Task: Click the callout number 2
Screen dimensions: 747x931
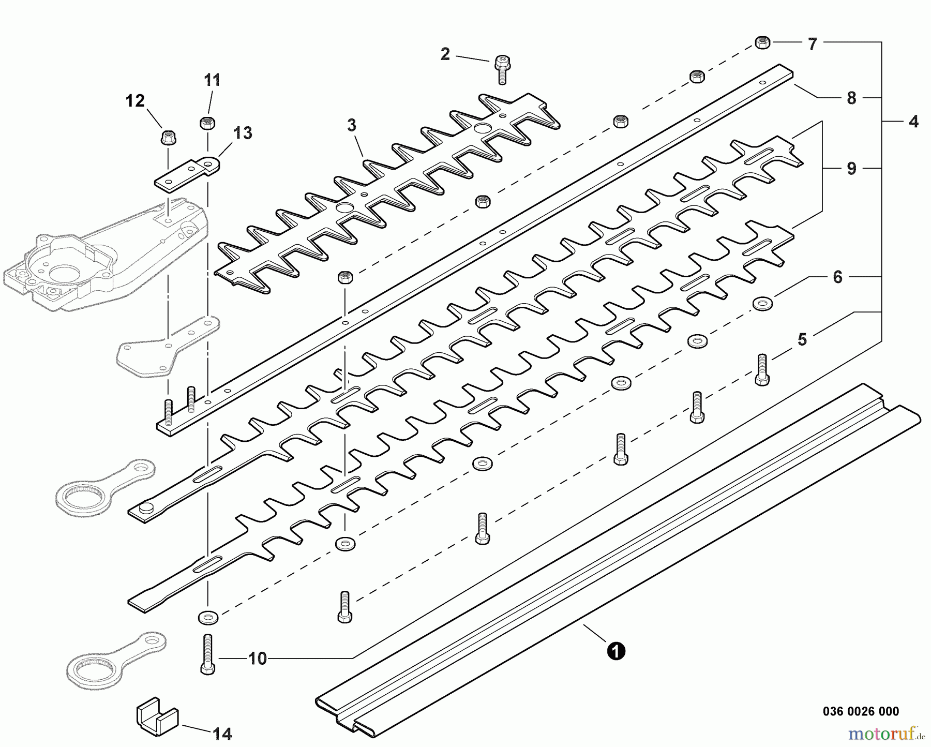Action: (445, 54)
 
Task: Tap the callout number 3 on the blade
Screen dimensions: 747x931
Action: (352, 125)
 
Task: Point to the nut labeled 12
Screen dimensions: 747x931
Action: (168, 138)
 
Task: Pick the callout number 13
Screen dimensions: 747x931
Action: (243, 133)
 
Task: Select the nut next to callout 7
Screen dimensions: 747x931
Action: (762, 42)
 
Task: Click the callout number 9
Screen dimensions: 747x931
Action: (851, 168)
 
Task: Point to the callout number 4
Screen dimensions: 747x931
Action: (913, 122)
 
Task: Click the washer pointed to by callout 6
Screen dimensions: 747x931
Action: (761, 304)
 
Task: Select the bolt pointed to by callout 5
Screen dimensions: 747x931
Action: (762, 369)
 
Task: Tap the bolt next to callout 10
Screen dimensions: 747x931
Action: (207, 654)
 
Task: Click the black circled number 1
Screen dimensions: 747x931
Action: (616, 650)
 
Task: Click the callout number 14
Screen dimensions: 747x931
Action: (222, 733)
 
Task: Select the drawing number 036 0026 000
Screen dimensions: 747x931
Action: (861, 712)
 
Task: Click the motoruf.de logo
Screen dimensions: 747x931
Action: (886, 733)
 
